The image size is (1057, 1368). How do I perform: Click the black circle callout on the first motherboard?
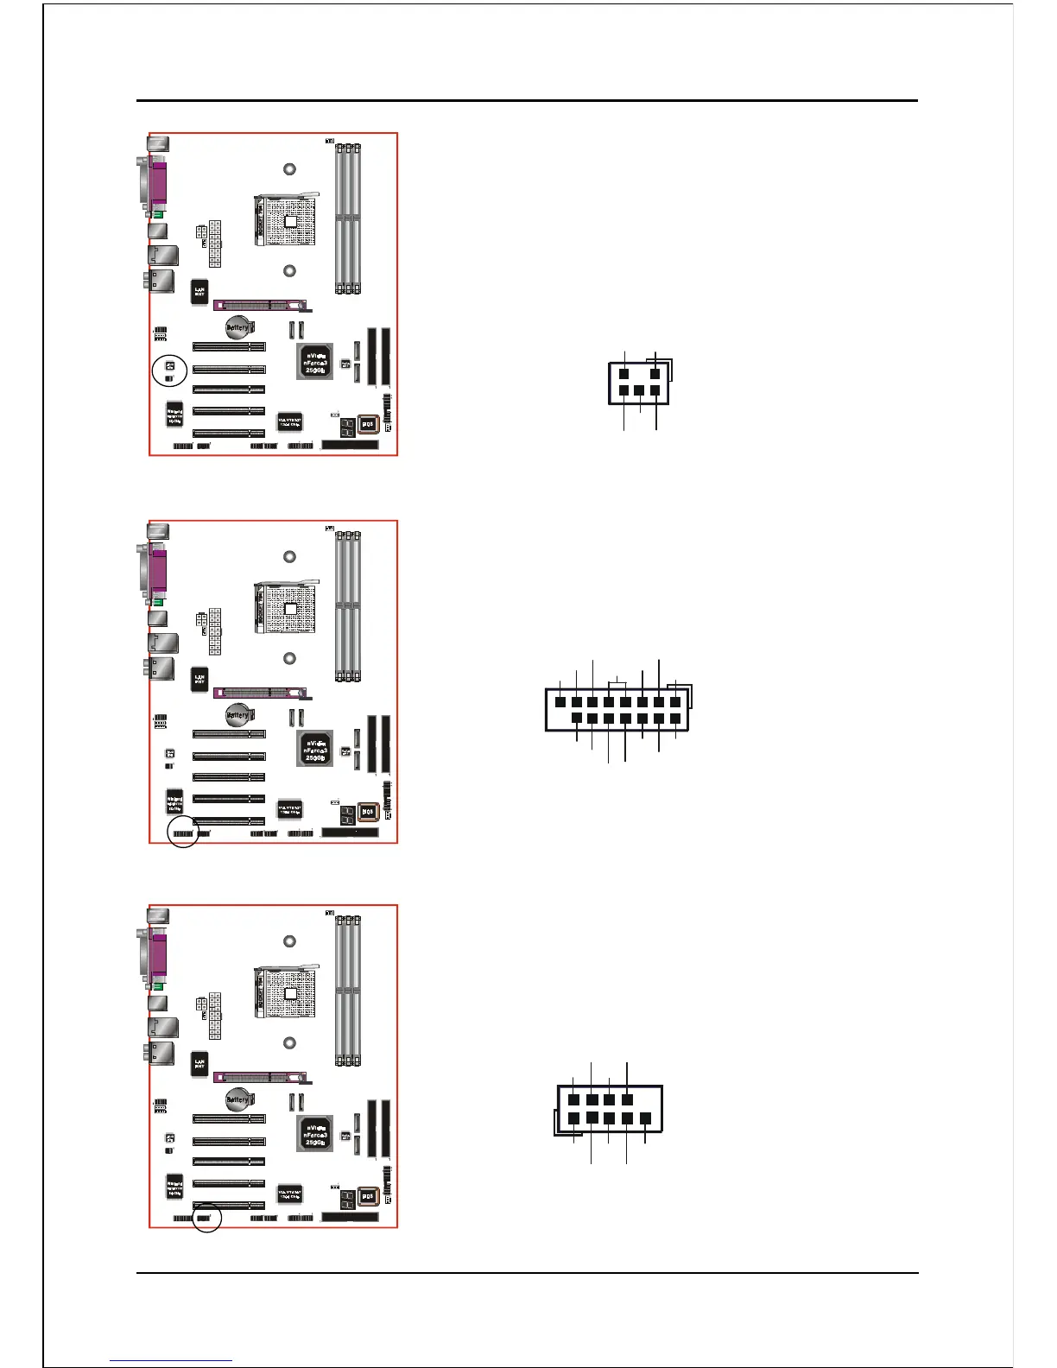(169, 370)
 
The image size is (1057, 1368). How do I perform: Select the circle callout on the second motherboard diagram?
(183, 832)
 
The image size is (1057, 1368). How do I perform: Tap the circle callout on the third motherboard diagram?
(206, 1217)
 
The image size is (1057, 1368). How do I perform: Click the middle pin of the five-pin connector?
(639, 390)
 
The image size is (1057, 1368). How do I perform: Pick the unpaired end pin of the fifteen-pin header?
(560, 701)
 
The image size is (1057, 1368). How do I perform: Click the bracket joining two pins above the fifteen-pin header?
(617, 683)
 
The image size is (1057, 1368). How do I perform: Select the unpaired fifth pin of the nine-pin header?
(645, 1118)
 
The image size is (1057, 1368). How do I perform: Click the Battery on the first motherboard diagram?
(237, 328)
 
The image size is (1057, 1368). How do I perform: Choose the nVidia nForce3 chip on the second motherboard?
(315, 749)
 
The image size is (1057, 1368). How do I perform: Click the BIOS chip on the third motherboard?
(368, 1196)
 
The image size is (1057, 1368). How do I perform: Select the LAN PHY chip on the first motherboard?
(199, 292)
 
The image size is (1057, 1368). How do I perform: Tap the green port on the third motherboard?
(157, 985)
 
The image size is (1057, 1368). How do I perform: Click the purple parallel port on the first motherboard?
(158, 183)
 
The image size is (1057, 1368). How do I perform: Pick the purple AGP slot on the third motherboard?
(258, 1077)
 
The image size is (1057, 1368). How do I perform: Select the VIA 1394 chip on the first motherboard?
(289, 421)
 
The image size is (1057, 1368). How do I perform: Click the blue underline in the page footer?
(171, 1360)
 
